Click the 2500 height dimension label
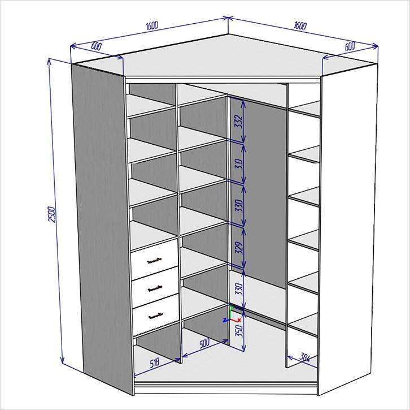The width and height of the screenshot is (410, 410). (52, 214)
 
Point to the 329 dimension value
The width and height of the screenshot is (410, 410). (240, 248)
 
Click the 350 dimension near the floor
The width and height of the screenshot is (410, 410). (239, 331)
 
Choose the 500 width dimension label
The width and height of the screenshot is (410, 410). (204, 343)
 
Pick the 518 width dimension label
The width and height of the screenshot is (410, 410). (154, 364)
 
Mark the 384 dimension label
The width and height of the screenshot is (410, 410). (304, 357)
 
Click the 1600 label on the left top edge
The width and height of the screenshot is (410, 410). (152, 25)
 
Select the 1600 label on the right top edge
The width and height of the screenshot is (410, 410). (300, 25)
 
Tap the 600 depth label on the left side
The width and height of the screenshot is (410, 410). (96, 46)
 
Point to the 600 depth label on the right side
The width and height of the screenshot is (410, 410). (350, 46)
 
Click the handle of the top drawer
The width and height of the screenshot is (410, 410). (155, 261)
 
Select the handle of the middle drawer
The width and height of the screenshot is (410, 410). (155, 288)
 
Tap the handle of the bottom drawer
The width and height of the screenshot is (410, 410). (156, 316)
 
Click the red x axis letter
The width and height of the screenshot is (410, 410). (239, 320)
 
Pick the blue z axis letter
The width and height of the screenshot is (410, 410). (224, 320)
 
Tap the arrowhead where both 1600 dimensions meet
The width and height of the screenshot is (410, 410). (228, 18)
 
